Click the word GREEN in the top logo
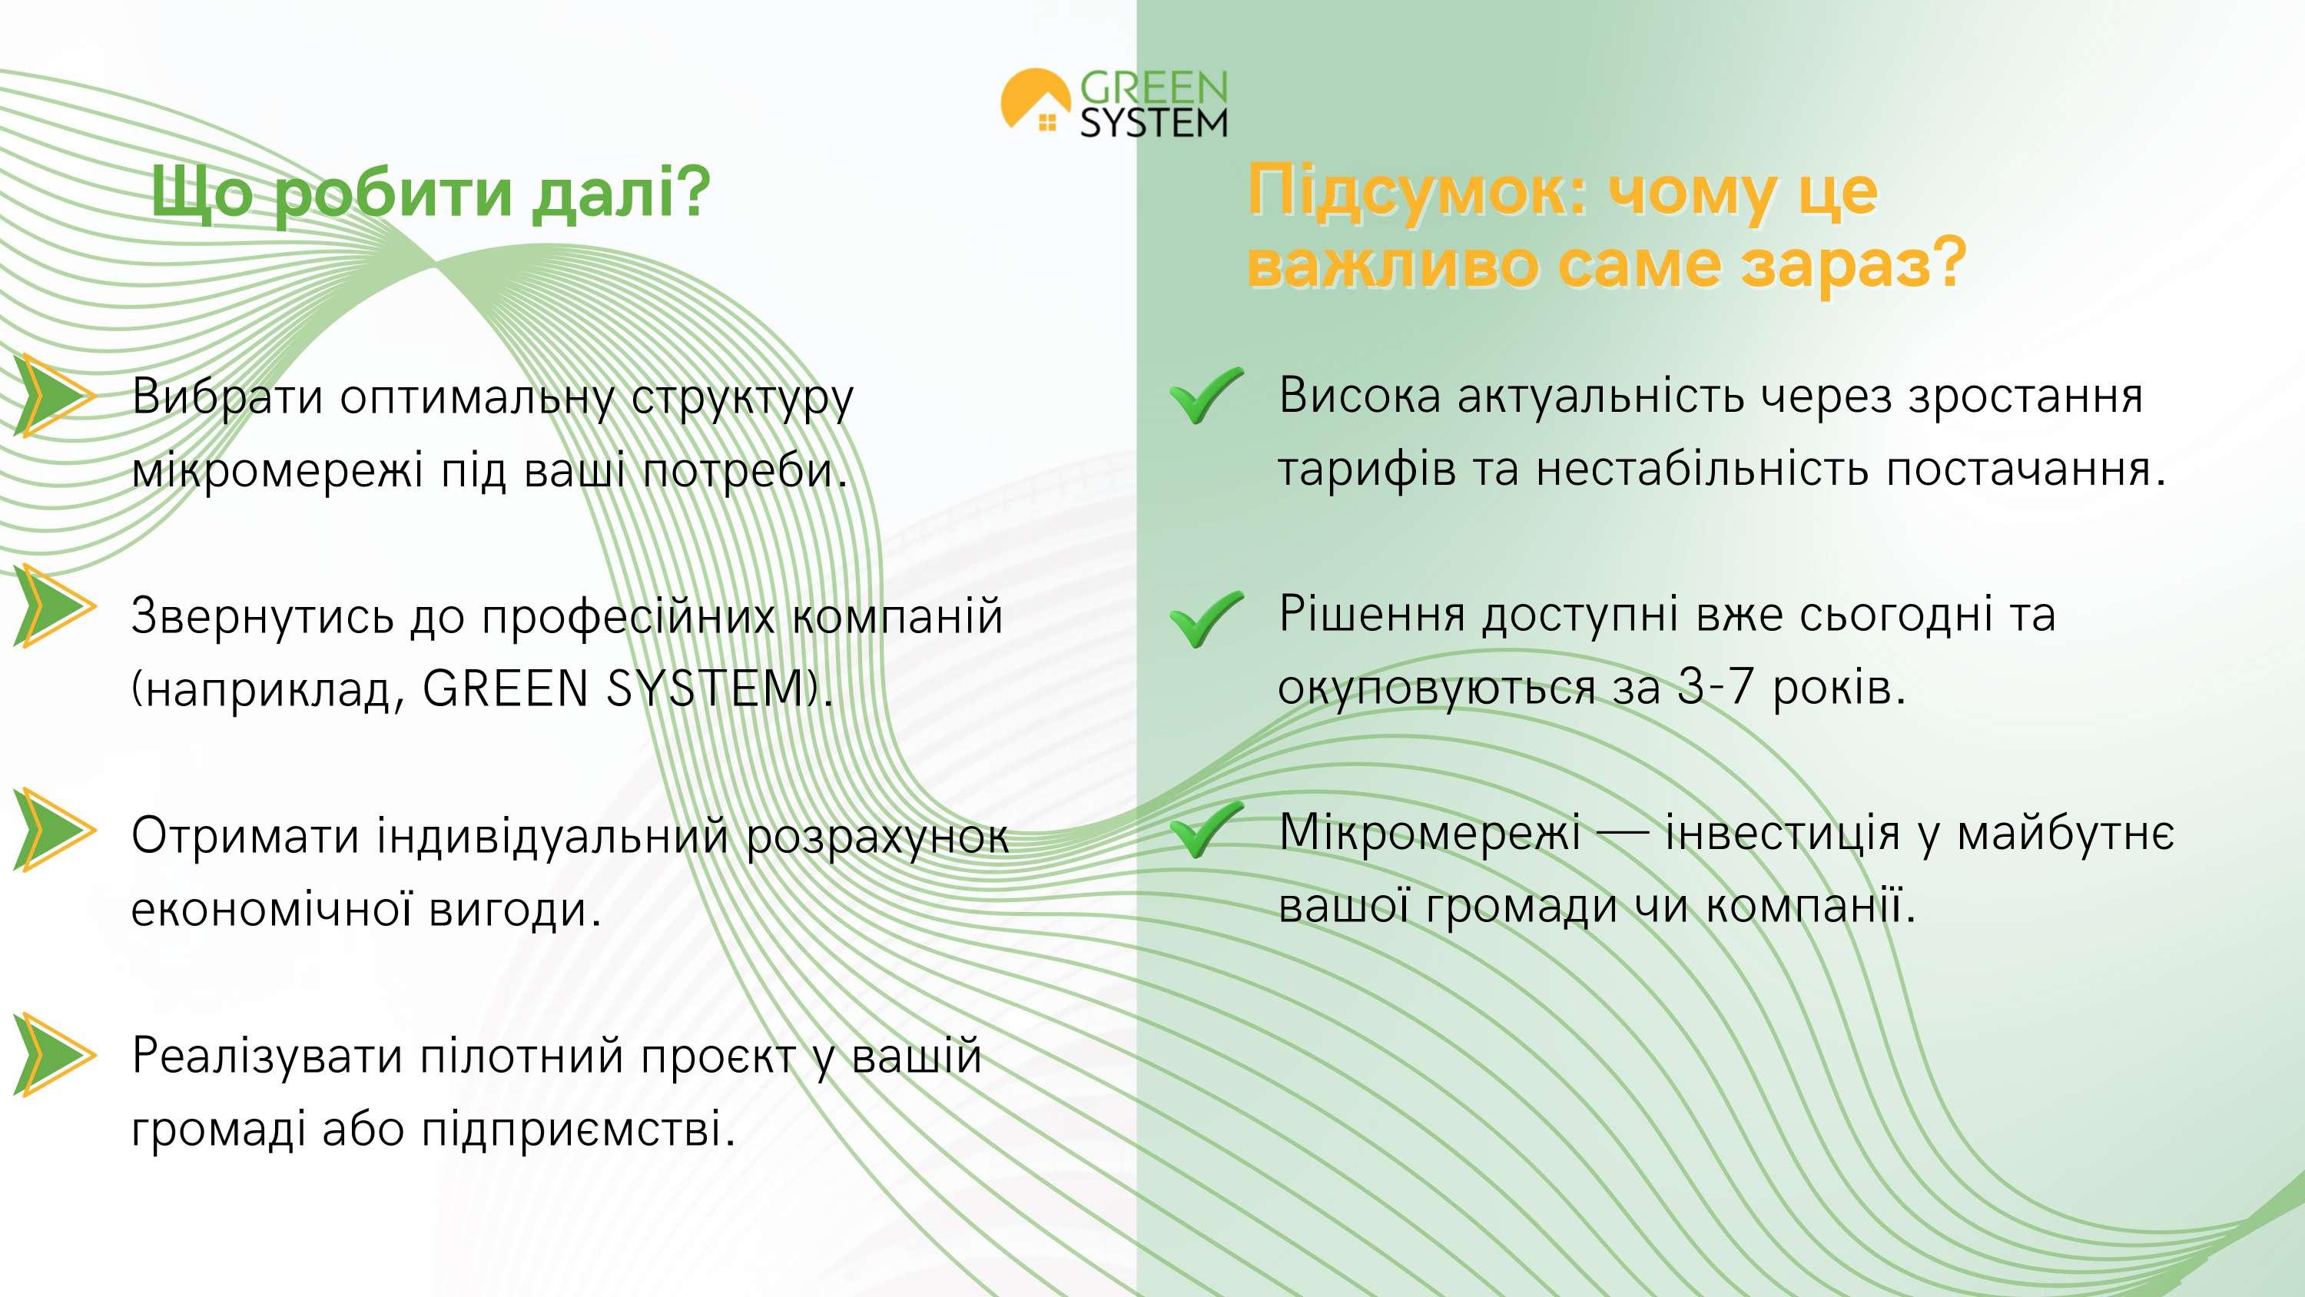1154,88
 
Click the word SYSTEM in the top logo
1154,124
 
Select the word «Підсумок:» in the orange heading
1417,191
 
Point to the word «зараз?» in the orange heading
1853,265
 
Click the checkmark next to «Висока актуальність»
1206,395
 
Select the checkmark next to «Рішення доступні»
1206,619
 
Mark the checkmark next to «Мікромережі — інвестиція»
1206,830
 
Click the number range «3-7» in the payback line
1713,688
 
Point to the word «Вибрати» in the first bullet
227,396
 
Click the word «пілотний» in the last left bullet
521,1057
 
